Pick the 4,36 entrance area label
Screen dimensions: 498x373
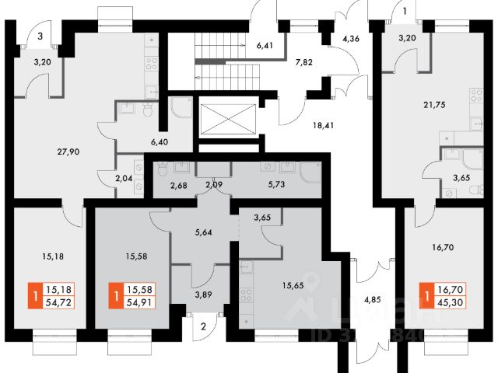[351, 37]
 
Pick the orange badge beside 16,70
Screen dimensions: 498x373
[425, 295]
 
